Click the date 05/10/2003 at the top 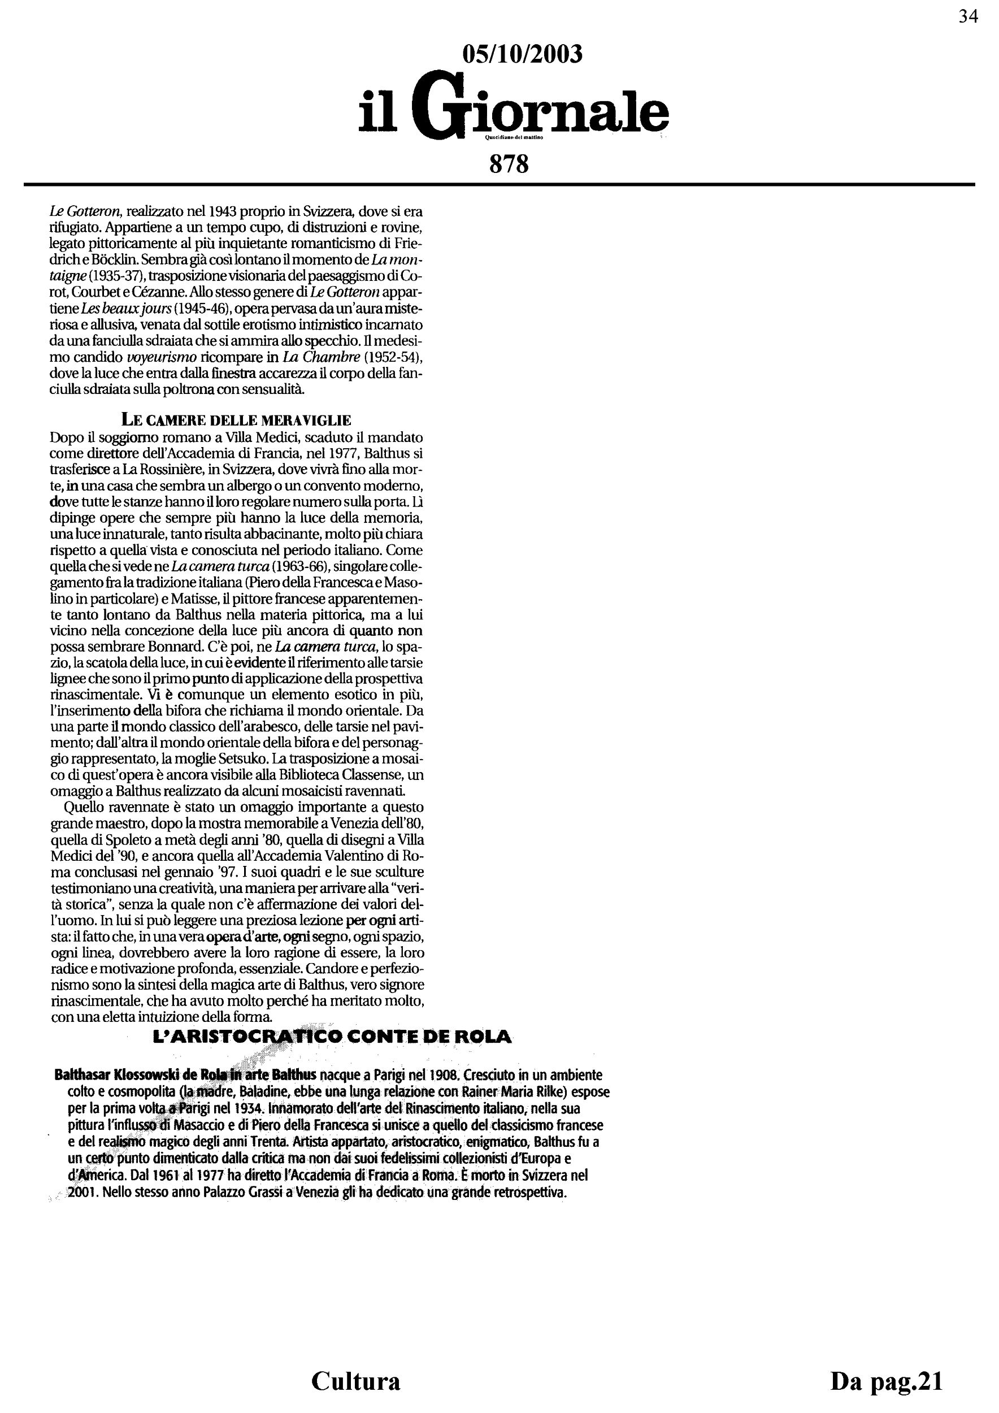522,54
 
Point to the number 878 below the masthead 509,164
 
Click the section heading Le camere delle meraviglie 236,421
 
